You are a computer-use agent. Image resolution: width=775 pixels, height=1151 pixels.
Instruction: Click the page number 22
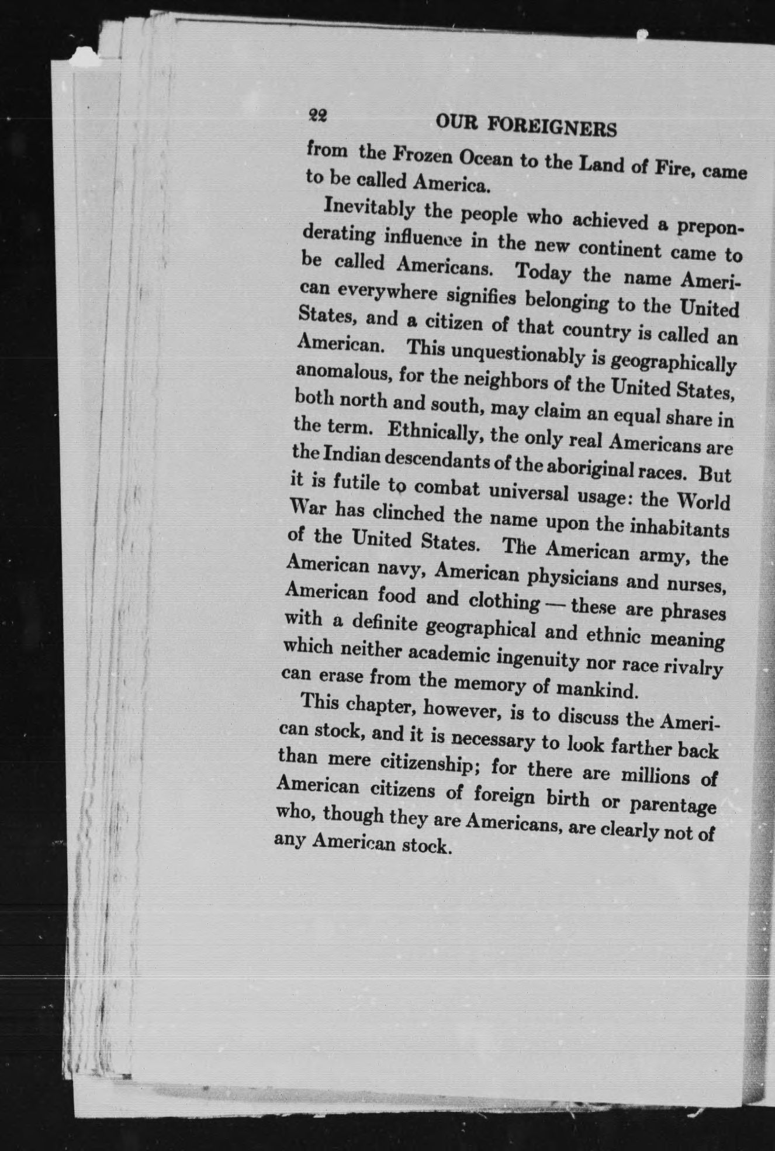[x=318, y=116]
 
